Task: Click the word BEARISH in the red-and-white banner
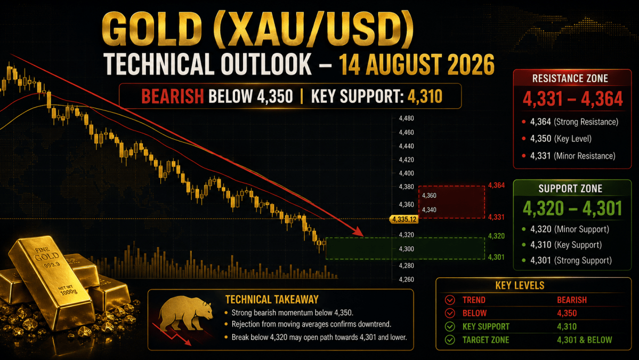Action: [x=172, y=97]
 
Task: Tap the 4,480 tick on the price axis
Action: [x=406, y=118]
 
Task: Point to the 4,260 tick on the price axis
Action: [x=406, y=279]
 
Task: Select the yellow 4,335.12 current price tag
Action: [x=404, y=219]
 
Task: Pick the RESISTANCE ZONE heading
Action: [x=570, y=78]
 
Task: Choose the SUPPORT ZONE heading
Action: [x=570, y=188]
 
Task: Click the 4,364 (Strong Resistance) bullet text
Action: [x=574, y=122]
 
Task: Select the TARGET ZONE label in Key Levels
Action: [x=486, y=340]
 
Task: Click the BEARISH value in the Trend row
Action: [x=571, y=300]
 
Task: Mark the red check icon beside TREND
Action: [x=450, y=300]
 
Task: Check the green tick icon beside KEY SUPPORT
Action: [x=450, y=326]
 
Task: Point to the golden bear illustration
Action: [x=185, y=314]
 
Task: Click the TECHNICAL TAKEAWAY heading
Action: [x=271, y=300]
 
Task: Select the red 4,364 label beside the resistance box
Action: [x=496, y=186]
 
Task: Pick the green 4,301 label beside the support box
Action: [x=496, y=257]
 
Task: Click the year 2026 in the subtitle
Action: [x=471, y=65]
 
